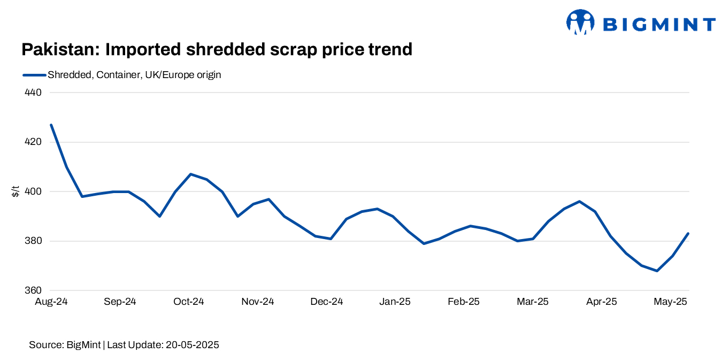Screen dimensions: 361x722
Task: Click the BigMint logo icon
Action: tap(580, 22)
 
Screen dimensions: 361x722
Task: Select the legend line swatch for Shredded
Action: tap(34, 75)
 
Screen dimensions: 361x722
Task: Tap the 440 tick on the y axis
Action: tap(33, 93)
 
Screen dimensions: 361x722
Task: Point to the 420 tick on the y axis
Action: tap(33, 142)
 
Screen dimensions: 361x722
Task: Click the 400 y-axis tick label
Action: tap(33, 191)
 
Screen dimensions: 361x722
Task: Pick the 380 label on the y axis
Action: tap(33, 241)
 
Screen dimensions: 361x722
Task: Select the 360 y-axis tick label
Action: tap(33, 290)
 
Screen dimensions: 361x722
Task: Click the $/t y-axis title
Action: tap(16, 191)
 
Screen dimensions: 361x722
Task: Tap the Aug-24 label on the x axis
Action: tap(51, 302)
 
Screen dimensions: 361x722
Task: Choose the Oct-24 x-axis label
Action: tap(189, 302)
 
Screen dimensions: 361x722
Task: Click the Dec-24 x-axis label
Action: tap(326, 302)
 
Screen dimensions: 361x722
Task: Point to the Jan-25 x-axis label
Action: tap(395, 302)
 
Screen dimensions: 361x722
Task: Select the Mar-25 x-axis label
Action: tap(533, 302)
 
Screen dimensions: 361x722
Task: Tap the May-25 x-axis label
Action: tap(671, 302)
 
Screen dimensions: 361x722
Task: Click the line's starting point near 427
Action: tap(51, 125)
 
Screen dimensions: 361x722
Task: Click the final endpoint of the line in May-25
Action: tap(688, 234)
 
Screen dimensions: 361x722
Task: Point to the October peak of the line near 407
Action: tap(191, 174)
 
